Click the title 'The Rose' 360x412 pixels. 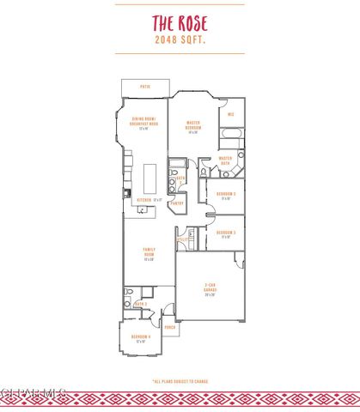click(180, 23)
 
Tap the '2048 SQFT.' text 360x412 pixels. click(180, 39)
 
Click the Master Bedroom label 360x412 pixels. click(192, 128)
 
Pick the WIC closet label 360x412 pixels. click(231, 114)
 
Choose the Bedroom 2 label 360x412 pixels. click(226, 196)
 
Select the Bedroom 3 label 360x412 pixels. click(226, 233)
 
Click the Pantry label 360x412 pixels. click(176, 203)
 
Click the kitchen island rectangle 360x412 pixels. click(149, 179)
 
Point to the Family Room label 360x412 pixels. click(149, 255)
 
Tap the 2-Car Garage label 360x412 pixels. click(210, 290)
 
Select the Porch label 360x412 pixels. click(170, 327)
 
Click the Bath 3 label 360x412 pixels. click(139, 304)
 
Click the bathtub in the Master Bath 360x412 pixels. click(231, 135)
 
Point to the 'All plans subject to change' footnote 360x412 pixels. click(180, 381)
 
